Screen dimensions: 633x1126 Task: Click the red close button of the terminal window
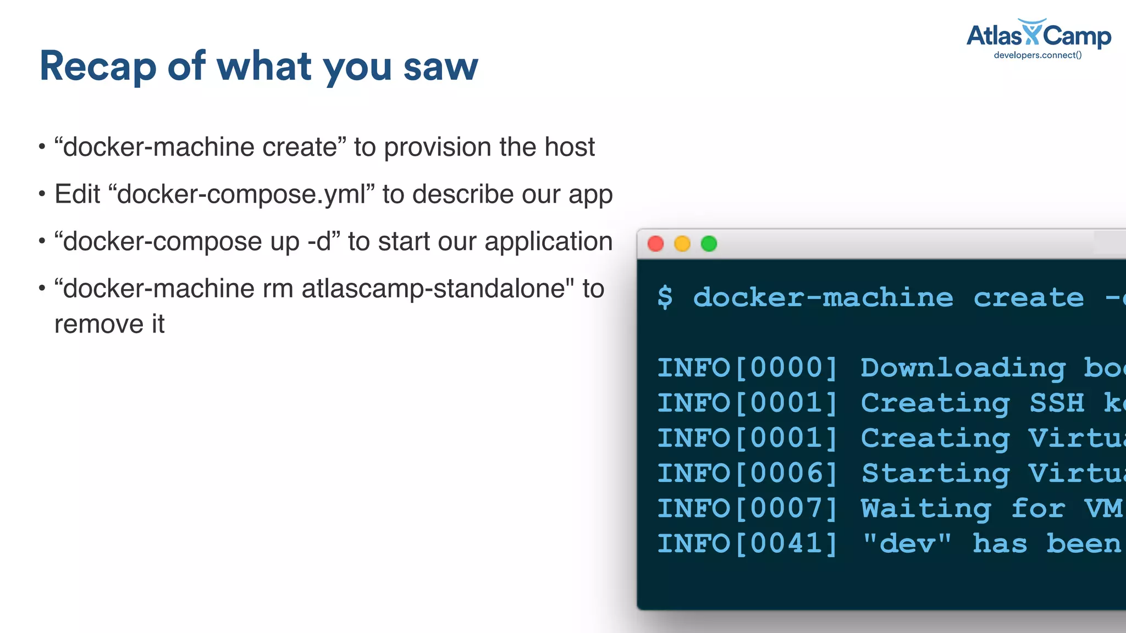click(655, 243)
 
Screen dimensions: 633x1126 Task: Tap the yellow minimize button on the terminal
click(682, 243)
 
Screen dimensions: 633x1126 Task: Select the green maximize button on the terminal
click(709, 243)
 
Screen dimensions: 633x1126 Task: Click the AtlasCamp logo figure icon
click(1032, 32)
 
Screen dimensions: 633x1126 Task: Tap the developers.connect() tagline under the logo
click(1037, 55)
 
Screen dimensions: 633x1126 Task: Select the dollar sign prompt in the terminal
click(665, 298)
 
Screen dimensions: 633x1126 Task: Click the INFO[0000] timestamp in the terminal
click(747, 368)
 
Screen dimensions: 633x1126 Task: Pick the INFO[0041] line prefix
click(747, 543)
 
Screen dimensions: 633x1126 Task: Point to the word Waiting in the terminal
click(926, 508)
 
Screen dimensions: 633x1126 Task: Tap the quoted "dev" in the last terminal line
click(907, 543)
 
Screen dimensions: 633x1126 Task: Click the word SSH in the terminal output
click(1057, 403)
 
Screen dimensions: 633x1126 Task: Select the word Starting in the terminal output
click(936, 473)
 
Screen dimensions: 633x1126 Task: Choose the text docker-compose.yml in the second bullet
click(241, 195)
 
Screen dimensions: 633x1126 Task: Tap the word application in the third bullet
click(548, 242)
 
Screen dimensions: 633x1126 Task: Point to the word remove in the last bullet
click(95, 324)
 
